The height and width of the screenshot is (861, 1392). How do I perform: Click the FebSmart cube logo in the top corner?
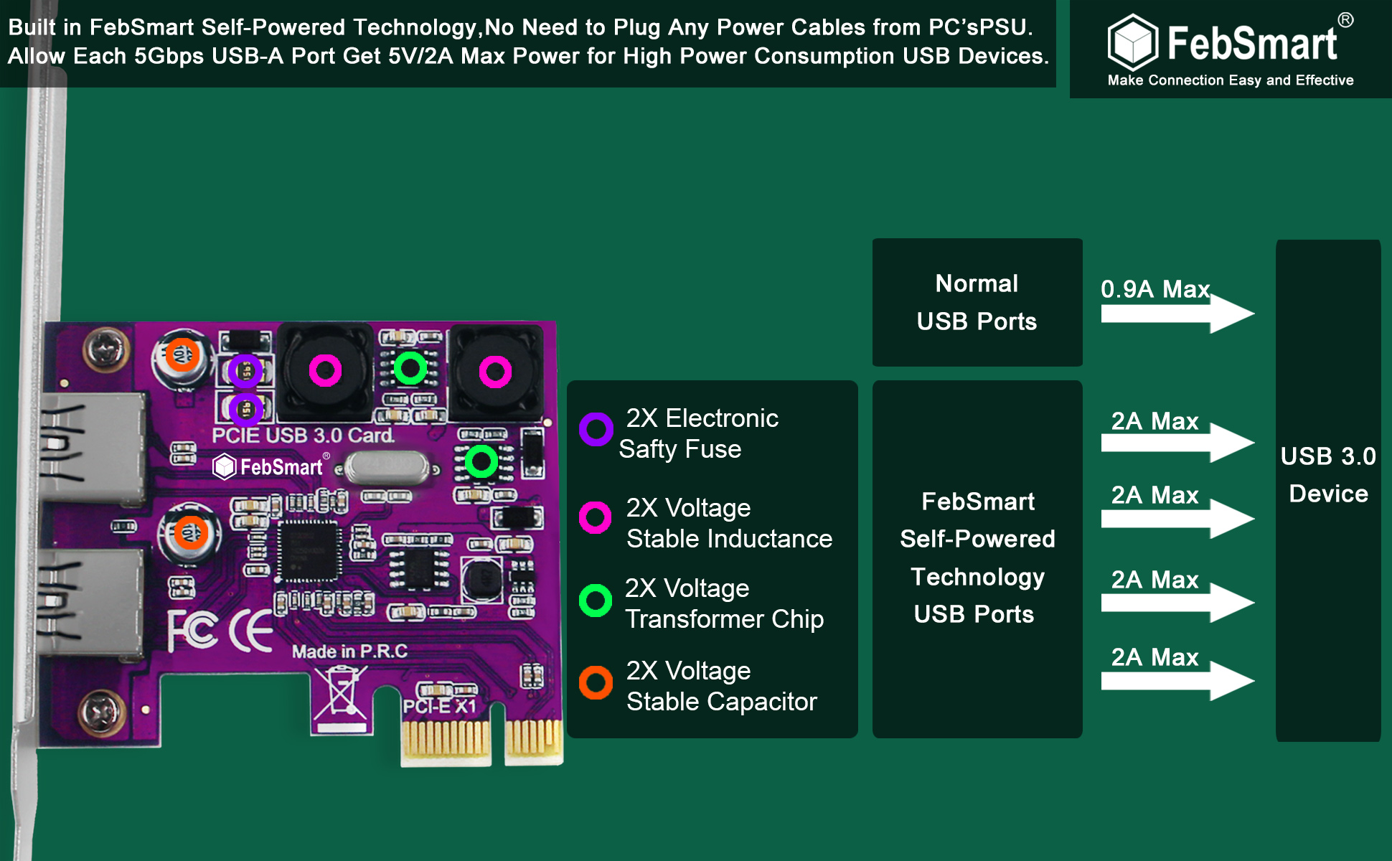(x=1133, y=42)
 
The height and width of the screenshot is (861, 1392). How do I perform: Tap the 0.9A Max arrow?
(x=1177, y=314)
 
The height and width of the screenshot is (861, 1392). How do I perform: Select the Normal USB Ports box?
(x=977, y=302)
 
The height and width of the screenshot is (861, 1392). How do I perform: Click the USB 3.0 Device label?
(x=1328, y=475)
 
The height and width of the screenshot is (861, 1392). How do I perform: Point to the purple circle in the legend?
(x=596, y=429)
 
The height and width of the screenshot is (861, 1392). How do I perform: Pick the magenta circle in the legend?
(x=596, y=517)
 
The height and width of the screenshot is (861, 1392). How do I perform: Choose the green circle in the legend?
(x=596, y=600)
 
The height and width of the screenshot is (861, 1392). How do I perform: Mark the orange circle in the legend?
(x=596, y=682)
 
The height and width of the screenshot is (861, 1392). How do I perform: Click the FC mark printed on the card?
(x=192, y=630)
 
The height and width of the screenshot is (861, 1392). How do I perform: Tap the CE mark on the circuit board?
(x=250, y=631)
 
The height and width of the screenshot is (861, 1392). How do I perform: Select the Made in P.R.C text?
(x=349, y=651)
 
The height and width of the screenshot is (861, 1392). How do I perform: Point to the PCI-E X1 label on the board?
(x=439, y=707)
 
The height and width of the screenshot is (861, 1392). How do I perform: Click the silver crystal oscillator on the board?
(x=387, y=467)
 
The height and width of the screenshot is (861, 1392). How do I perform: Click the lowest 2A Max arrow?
(x=1177, y=681)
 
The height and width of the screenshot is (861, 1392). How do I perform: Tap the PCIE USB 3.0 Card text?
(x=303, y=435)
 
